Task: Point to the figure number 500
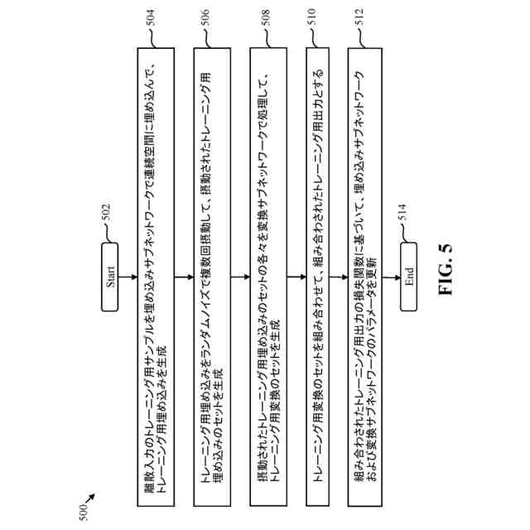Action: [x=81, y=515]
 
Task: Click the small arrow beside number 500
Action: [x=89, y=499]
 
